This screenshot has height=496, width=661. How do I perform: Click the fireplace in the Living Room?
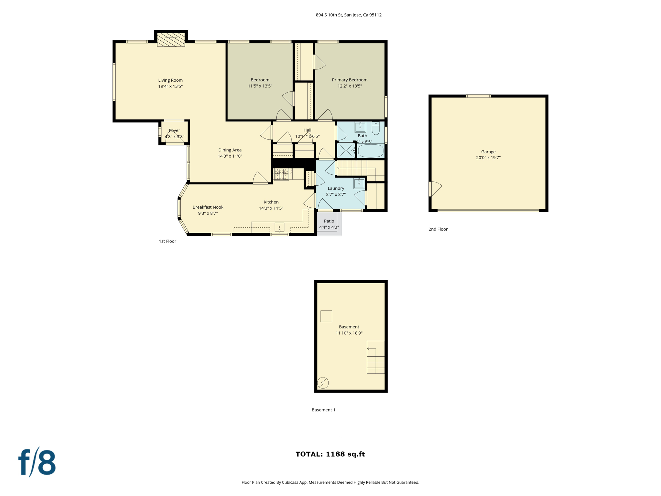tap(171, 40)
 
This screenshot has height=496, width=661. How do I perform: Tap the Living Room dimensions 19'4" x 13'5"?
tap(170, 86)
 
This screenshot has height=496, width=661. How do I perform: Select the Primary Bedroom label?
tap(350, 80)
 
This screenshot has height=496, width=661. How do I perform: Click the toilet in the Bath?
tap(375, 128)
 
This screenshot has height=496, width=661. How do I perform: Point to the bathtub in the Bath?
tap(371, 151)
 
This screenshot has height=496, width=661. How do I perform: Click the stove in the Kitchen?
tap(281, 174)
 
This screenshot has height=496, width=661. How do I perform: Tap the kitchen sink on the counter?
tap(280, 227)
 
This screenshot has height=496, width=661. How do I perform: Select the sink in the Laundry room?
tap(359, 183)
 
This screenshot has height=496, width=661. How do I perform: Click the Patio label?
tap(329, 221)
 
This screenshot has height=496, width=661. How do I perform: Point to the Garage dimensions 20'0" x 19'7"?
tap(488, 158)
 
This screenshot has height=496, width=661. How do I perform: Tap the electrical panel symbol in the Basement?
tap(323, 383)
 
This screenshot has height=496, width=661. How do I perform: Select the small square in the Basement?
tap(326, 316)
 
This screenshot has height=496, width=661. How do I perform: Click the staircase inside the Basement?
tap(375, 357)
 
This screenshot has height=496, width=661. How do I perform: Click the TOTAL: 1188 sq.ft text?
tap(330, 454)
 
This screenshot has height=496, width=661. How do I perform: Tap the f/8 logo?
tap(37, 462)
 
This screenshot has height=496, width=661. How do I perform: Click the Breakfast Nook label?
tap(208, 207)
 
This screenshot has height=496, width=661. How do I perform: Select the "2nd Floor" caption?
tap(438, 229)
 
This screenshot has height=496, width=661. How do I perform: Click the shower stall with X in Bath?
tap(345, 150)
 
